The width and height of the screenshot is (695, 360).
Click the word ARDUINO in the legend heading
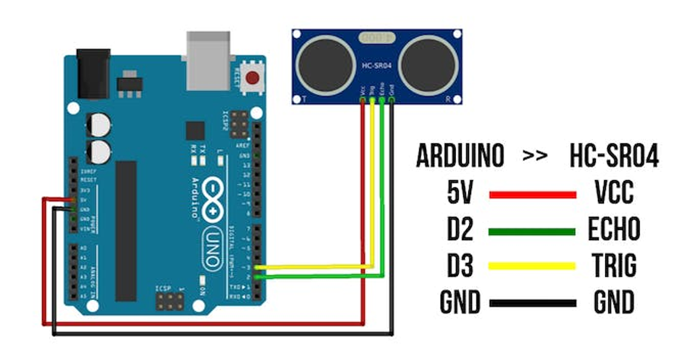click(x=460, y=157)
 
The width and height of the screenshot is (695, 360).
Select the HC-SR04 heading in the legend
click(x=614, y=157)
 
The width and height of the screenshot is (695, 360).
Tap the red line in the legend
click(x=532, y=195)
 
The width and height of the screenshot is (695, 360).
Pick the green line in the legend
click(x=532, y=231)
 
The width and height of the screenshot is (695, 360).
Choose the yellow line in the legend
click(x=532, y=267)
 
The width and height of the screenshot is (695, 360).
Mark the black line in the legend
click(x=532, y=303)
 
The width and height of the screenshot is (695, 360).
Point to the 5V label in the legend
click(x=460, y=194)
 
